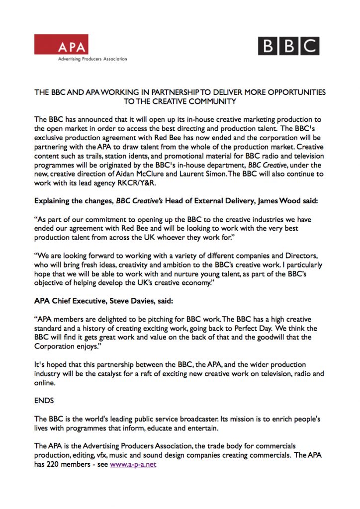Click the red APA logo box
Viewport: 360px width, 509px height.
pyautogui.click(x=61, y=44)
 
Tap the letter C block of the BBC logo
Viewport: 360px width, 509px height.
pyautogui.click(x=309, y=46)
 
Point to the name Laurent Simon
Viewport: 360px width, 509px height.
pyautogui.click(x=199, y=174)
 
